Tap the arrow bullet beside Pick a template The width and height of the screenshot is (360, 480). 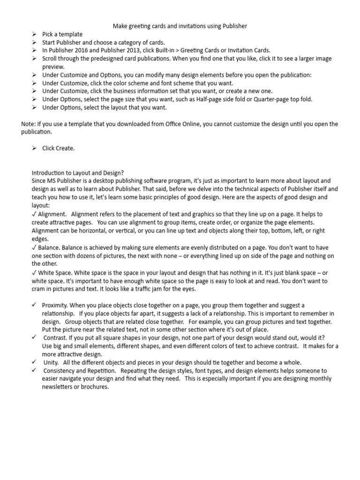pyautogui.click(x=34, y=34)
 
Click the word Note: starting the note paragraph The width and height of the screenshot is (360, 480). pyautogui.click(x=28, y=124)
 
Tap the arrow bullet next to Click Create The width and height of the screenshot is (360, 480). pyautogui.click(x=34, y=148)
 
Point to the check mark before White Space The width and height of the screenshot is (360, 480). pyautogui.click(x=34, y=272)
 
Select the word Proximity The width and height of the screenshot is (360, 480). pyautogui.click(x=55, y=305)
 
